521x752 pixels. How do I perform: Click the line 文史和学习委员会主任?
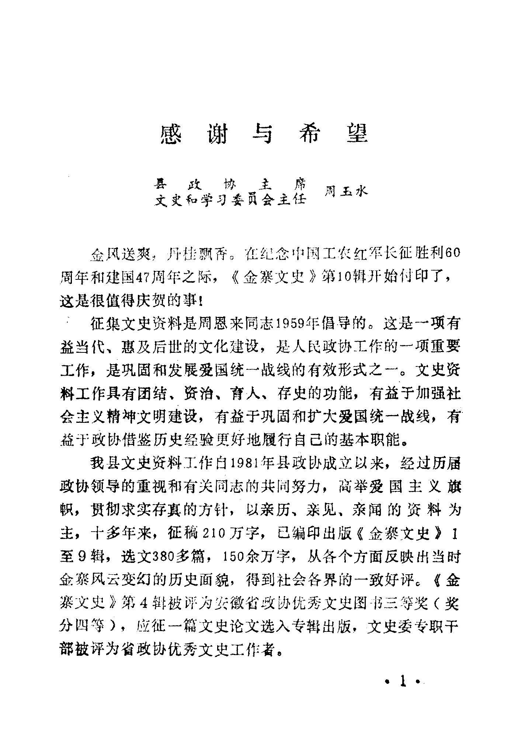(231, 200)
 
